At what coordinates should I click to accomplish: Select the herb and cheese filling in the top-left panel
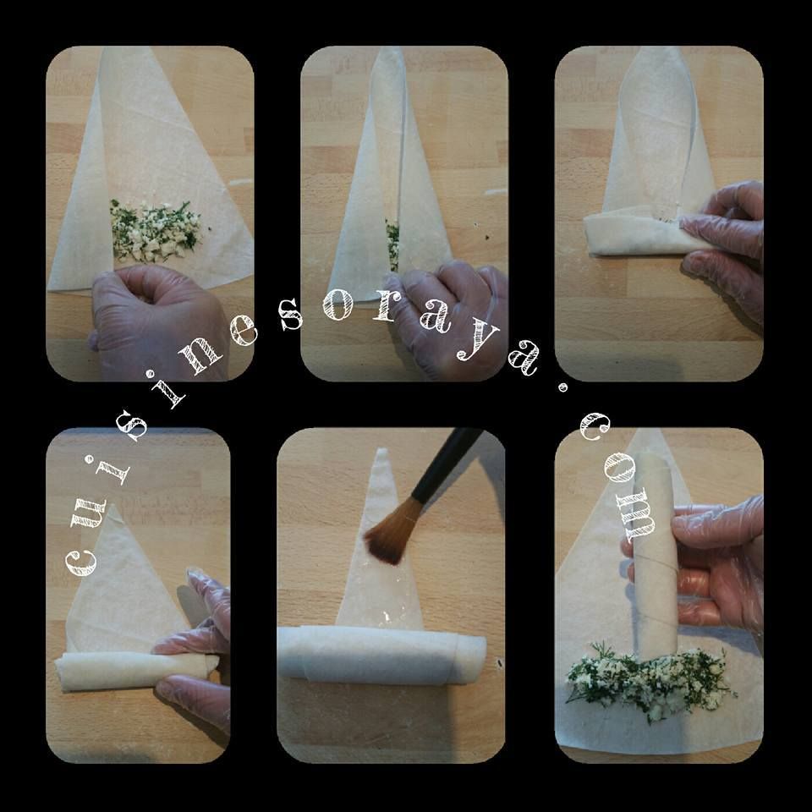click(x=154, y=230)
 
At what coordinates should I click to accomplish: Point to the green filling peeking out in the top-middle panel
click(x=392, y=244)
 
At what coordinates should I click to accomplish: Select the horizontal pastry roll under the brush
click(x=381, y=655)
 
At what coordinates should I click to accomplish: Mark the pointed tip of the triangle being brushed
click(x=381, y=450)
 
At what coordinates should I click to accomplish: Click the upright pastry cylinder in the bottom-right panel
click(x=655, y=554)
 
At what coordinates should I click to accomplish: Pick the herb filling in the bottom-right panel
click(x=650, y=679)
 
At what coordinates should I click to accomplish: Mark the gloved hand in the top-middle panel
click(x=446, y=315)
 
